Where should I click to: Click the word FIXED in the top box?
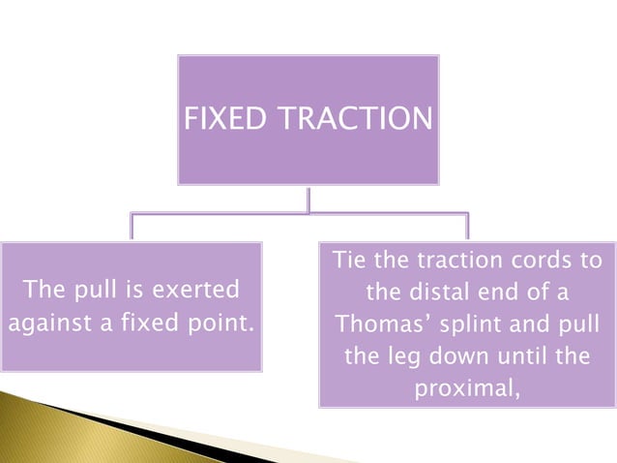[216, 119]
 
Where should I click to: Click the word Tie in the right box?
[350, 262]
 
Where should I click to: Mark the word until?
[527, 355]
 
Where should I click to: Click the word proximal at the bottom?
[466, 387]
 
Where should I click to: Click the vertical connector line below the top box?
[308, 199]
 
